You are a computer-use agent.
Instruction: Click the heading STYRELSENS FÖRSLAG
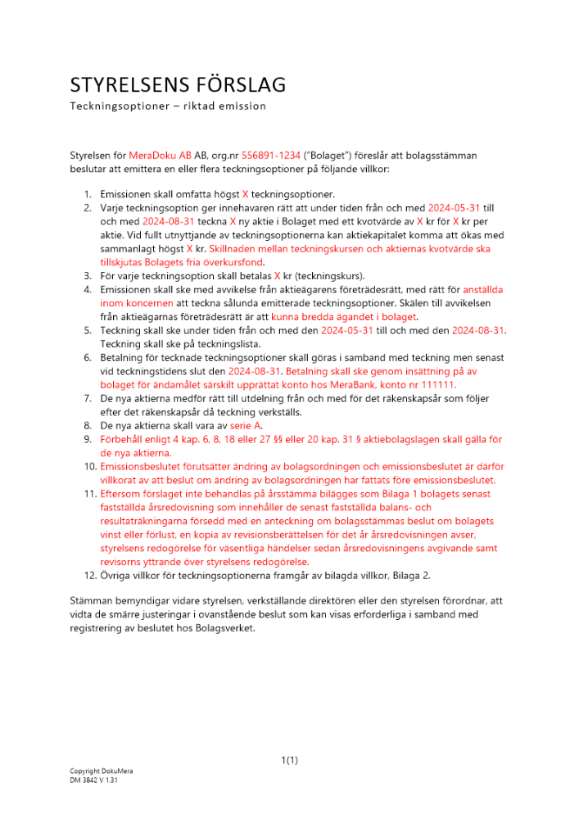[178, 84]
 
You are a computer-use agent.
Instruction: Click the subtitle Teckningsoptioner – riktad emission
[167, 106]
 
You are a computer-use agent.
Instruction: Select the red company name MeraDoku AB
[159, 155]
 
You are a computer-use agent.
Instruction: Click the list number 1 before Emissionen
[88, 194]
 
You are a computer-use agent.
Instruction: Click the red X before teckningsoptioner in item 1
[245, 194]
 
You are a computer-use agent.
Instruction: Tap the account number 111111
[439, 384]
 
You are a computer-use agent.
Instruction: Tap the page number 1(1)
[289, 760]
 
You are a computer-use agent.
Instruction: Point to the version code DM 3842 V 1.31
[94, 781]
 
